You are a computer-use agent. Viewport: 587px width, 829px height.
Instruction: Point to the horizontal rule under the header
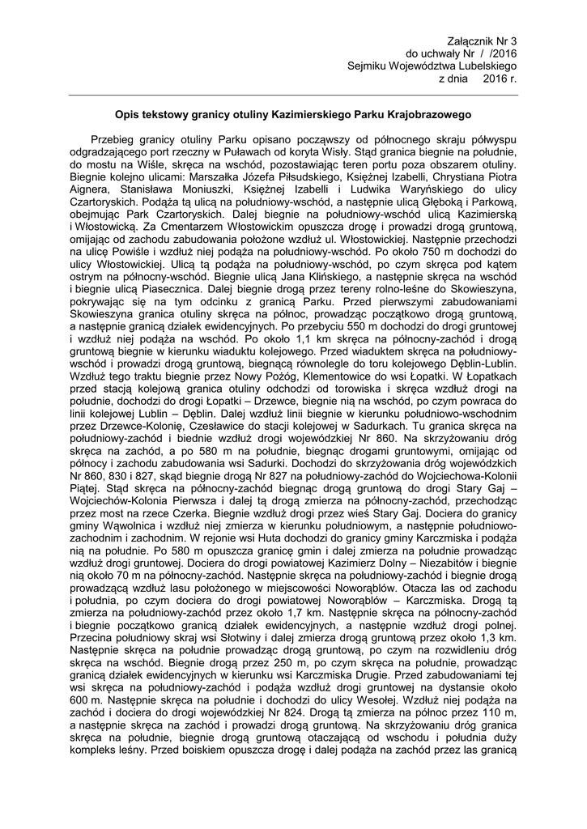pos(293,95)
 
